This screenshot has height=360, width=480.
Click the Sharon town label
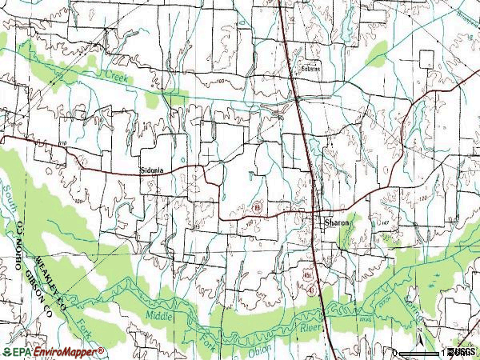tap(338, 223)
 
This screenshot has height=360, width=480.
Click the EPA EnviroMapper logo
tap(53, 352)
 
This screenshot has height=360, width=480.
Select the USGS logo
tap(462, 352)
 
